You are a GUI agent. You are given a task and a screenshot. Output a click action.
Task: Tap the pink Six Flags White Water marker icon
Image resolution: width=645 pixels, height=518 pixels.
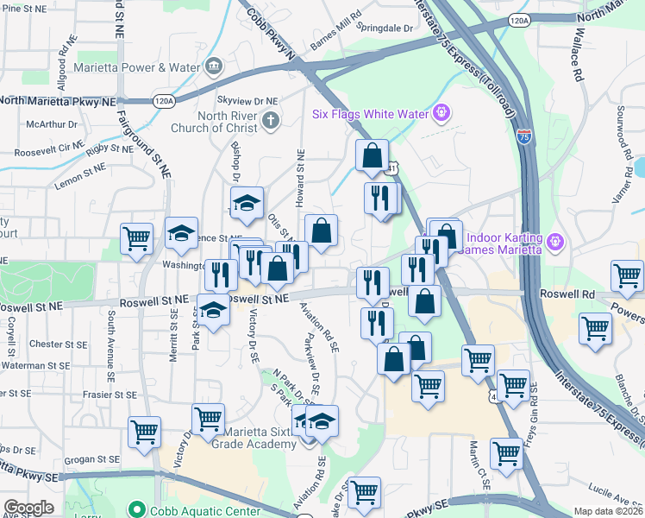coord(442,112)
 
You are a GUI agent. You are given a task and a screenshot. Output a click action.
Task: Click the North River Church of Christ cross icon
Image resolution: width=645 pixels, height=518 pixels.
coord(271,120)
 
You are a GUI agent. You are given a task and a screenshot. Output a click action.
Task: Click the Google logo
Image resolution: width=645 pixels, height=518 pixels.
coord(28,508)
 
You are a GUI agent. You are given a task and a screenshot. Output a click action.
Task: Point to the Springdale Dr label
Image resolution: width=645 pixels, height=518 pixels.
coord(385,28)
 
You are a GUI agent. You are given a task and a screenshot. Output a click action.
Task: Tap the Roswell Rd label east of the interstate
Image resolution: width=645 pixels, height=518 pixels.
coord(568,294)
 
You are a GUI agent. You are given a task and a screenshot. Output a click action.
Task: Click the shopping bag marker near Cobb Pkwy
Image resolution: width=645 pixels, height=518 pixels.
coord(372,155)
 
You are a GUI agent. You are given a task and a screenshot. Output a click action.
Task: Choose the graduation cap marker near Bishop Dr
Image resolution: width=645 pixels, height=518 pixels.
coord(246,204)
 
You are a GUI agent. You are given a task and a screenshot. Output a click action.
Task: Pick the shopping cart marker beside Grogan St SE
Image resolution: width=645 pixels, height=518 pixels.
coord(145,431)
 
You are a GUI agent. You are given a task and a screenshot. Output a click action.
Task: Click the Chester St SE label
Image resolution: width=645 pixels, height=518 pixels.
coord(59,344)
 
